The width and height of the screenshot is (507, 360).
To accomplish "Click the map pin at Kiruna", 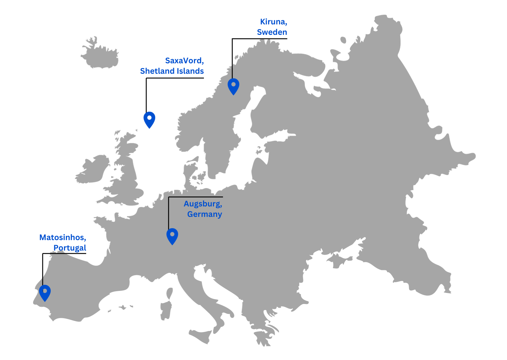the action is [x=233, y=86].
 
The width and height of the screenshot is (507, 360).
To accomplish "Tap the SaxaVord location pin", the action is [x=149, y=119].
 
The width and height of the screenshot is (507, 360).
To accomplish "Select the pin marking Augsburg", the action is [x=172, y=235].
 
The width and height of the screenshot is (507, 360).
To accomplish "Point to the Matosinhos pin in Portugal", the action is [x=45, y=292].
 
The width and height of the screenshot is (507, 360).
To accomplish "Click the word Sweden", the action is [x=272, y=32].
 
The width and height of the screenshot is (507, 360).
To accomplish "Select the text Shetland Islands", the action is [x=172, y=71].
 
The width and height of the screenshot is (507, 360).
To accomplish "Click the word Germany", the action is [x=204, y=214].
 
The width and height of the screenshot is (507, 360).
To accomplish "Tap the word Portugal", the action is [x=70, y=248].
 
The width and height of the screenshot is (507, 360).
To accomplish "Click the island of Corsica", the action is [x=169, y=293].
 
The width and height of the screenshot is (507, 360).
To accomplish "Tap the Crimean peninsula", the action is [x=341, y=260].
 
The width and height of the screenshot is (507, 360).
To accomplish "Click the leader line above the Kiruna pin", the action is [x=232, y=58].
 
